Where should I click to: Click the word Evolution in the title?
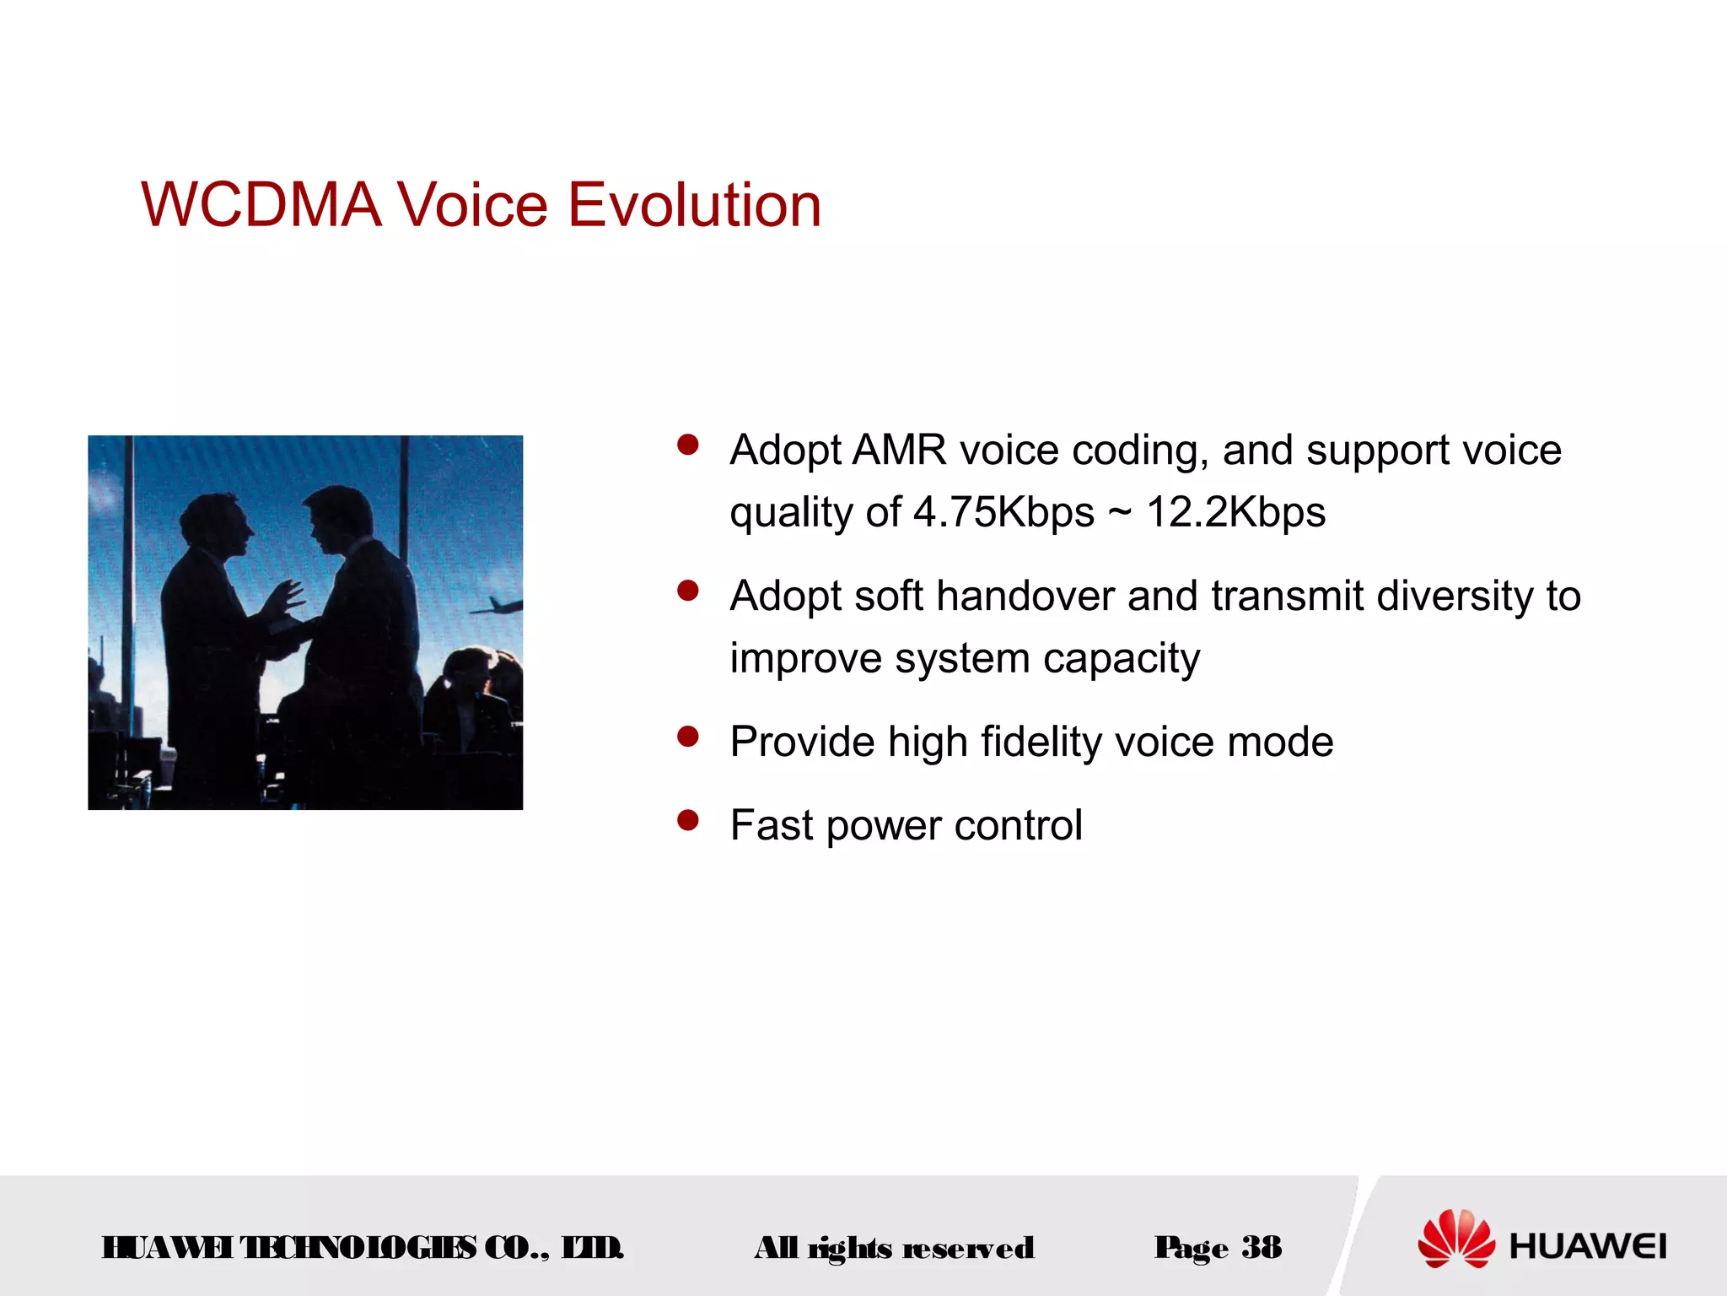point(694,205)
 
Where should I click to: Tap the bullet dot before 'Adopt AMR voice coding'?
point(688,445)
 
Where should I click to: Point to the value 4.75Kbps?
point(1003,512)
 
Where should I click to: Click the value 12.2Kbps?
point(1236,512)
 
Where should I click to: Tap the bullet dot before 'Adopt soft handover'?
point(688,591)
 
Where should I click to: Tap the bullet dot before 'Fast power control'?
point(688,820)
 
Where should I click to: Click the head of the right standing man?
point(338,516)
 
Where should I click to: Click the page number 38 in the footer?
point(1261,1247)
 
